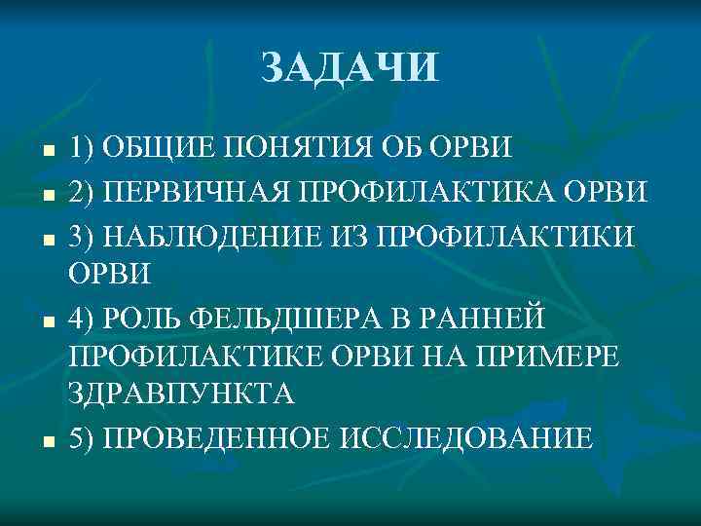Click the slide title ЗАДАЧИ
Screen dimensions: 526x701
click(x=350, y=68)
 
